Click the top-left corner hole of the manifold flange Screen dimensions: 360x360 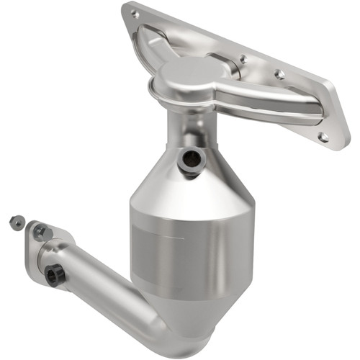click(x=134, y=12)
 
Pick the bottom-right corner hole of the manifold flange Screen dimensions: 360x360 click(x=324, y=136)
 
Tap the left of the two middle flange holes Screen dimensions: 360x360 click(x=243, y=59)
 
